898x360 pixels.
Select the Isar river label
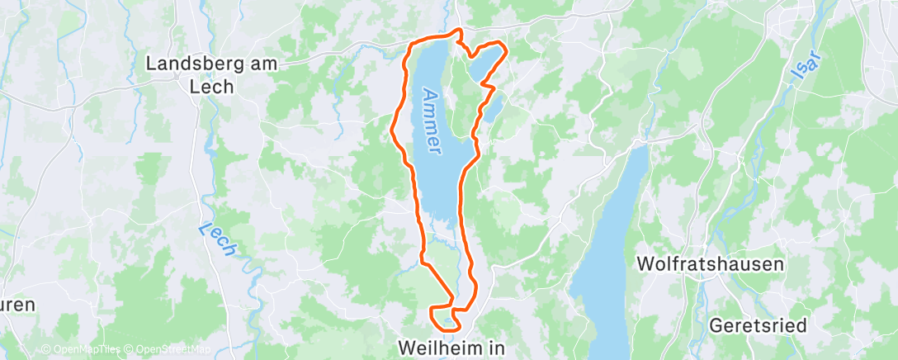click(801, 66)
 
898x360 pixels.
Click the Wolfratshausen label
click(710, 264)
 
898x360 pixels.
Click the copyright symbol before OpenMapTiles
click(46, 350)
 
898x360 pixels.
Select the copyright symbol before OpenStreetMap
click(129, 350)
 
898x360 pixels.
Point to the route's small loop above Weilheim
click(443, 315)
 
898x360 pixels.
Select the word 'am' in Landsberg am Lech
click(263, 63)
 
